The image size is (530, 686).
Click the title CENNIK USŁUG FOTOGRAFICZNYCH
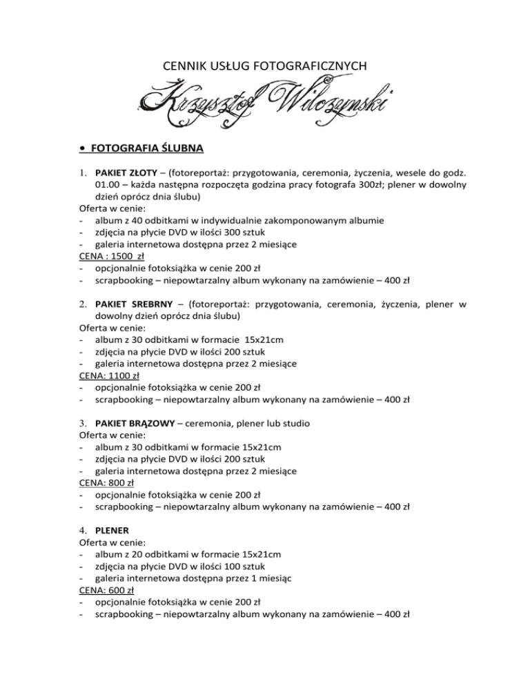264,66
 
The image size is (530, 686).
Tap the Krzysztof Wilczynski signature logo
266,99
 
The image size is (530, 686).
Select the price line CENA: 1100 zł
109,376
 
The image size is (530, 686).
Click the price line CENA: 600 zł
107,591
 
